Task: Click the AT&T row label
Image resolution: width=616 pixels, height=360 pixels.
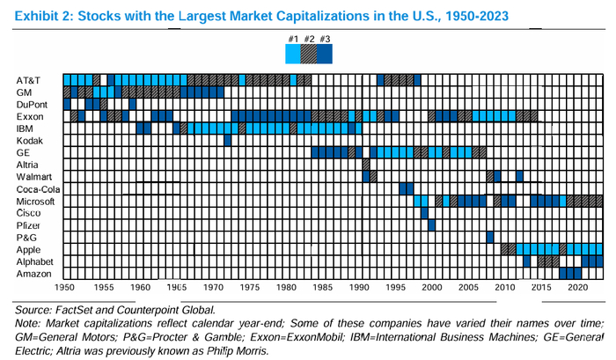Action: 28,80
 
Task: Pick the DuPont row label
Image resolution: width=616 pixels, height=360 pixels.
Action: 33,104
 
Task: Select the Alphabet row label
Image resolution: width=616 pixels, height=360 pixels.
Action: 35,261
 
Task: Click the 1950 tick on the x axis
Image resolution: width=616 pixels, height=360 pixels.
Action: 66,288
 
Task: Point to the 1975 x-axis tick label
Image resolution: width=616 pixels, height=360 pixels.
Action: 249,288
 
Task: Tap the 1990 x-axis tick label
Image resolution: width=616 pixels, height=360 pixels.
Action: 358,288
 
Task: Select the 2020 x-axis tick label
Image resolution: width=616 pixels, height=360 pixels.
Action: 578,288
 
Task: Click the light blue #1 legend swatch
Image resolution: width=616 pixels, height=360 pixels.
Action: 293,54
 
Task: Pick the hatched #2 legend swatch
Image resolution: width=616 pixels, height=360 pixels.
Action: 308,54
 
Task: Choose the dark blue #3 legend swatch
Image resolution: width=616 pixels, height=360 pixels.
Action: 324,54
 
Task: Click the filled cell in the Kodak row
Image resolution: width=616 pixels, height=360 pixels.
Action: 228,140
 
